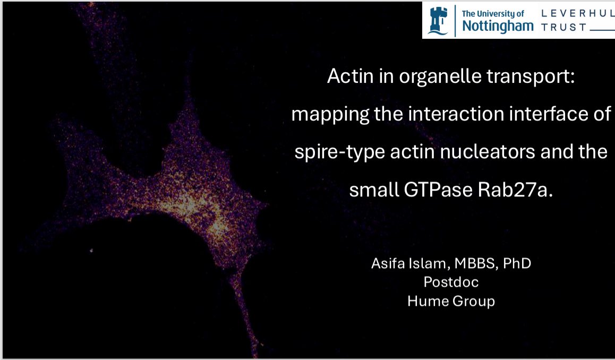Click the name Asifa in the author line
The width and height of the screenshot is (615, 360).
pyautogui.click(x=387, y=264)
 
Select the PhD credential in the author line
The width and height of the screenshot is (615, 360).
pyautogui.click(x=515, y=264)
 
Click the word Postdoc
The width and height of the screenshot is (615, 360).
pyautogui.click(x=451, y=282)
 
